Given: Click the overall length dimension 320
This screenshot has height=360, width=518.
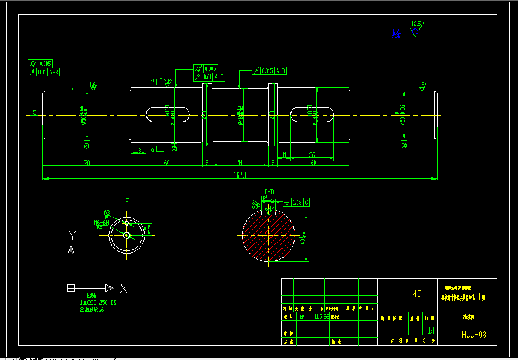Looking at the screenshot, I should (241, 175).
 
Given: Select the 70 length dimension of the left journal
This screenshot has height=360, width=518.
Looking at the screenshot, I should (87, 163).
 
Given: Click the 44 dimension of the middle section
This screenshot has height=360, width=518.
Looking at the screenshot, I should (240, 163).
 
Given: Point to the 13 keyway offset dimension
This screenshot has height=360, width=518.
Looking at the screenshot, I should (139, 151).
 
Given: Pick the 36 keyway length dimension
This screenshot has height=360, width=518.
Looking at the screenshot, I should (312, 155).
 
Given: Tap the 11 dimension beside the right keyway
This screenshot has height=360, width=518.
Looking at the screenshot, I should (284, 155).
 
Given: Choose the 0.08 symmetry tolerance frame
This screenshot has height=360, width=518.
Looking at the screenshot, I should (297, 202).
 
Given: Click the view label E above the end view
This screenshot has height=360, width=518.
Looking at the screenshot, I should (127, 201).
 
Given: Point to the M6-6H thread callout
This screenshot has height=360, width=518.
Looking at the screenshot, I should (100, 223).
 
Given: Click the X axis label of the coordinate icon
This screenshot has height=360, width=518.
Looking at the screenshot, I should (123, 288).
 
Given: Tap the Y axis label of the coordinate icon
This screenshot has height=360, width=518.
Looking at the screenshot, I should (71, 235).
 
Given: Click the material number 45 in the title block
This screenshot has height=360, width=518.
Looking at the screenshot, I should (417, 294).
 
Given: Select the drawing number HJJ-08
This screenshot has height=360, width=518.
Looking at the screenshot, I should (474, 333).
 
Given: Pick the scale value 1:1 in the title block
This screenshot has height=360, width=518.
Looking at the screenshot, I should (431, 331).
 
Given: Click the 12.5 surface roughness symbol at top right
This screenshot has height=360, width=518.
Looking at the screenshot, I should (416, 27).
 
